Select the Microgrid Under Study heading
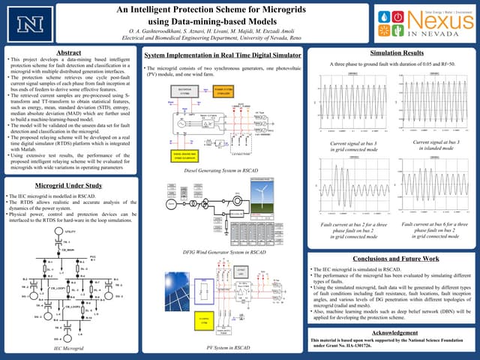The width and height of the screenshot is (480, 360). pyautogui.click(x=69, y=184)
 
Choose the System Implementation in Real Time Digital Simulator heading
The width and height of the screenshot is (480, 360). pyautogui.click(x=219, y=55)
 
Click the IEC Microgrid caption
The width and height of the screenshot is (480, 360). pyautogui.click(x=69, y=349)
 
